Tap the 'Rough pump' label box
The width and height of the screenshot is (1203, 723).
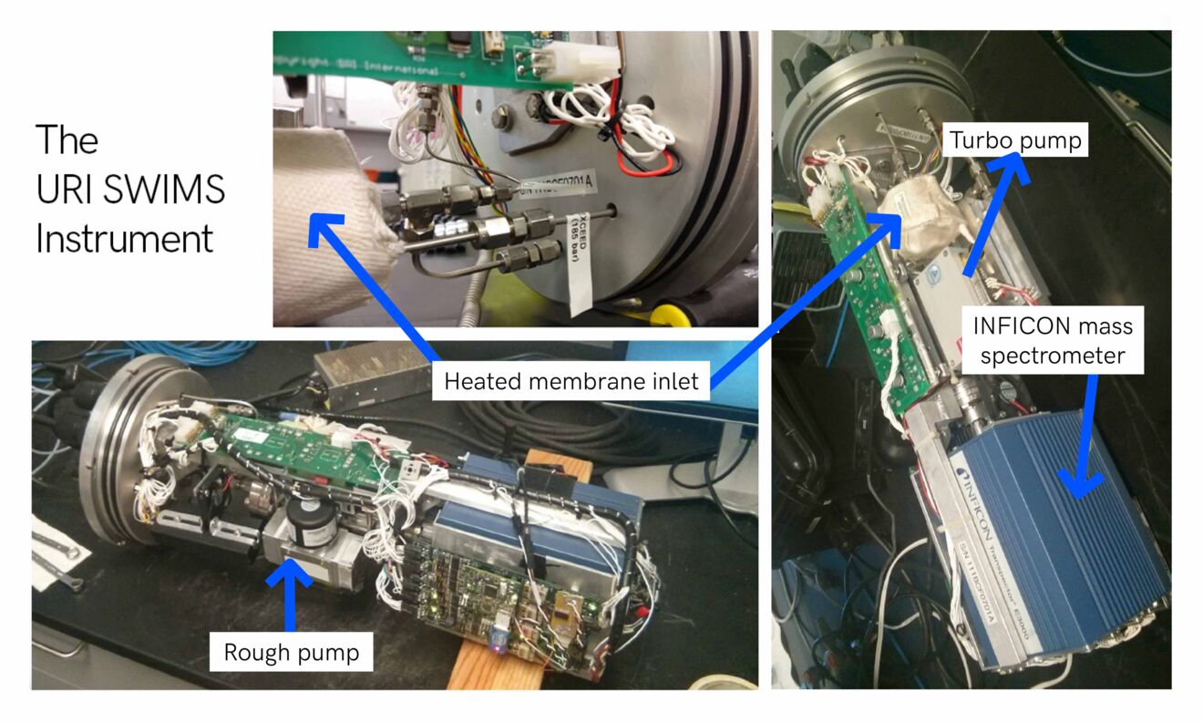[x=291, y=652]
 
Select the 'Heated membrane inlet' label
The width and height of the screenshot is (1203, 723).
[x=571, y=380]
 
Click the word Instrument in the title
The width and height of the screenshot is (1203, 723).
[x=125, y=239]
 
